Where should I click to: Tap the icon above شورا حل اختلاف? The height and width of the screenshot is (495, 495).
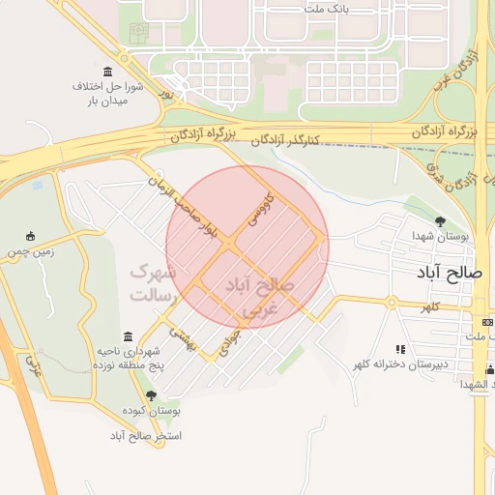click(x=106, y=73)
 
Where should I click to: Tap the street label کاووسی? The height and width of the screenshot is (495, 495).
click(x=260, y=211)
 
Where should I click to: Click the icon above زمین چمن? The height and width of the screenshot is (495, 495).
click(x=32, y=235)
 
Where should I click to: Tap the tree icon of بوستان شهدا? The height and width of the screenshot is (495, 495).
click(x=440, y=221)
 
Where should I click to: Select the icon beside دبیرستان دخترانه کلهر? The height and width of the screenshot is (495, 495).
click(x=398, y=349)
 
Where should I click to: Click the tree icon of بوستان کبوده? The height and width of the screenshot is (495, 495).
click(x=150, y=395)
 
